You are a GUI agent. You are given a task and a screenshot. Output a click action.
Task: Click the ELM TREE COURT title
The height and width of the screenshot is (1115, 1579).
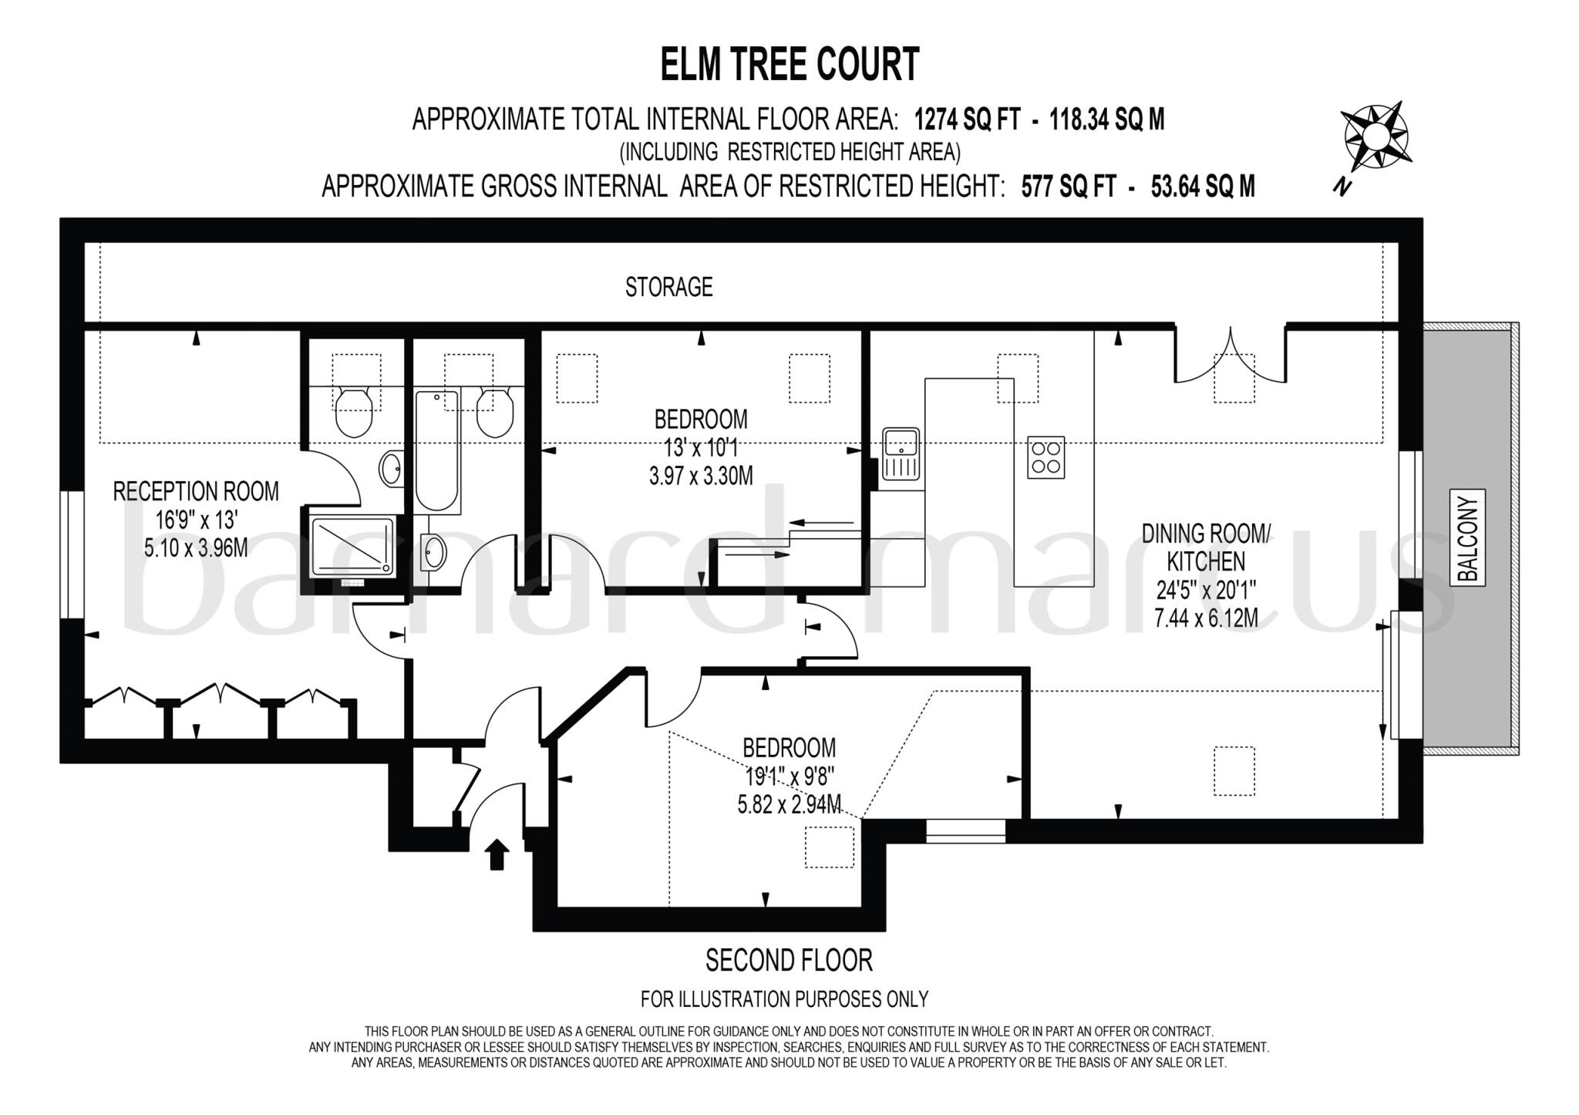789,64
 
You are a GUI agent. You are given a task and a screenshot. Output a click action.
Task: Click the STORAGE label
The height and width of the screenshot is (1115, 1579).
668,287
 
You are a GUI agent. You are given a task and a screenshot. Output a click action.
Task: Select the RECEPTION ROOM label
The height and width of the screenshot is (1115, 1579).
196,491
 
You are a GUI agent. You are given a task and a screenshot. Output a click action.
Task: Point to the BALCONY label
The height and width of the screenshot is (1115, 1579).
1468,538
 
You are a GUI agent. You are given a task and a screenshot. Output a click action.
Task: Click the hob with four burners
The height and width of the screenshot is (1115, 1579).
1045,457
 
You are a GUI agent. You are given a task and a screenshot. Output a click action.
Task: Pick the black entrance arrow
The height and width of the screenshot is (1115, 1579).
497,854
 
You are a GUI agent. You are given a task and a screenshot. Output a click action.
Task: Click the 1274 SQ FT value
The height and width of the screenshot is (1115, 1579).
967,120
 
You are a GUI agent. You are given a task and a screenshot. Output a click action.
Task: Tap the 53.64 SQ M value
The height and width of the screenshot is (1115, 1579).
1202,187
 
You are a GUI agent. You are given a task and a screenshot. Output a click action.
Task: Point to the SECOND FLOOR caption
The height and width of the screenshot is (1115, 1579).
789,961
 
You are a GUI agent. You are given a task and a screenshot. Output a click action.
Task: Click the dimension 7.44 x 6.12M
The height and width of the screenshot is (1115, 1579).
1206,618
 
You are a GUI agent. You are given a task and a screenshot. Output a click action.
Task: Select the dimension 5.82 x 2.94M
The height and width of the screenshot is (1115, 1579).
789,804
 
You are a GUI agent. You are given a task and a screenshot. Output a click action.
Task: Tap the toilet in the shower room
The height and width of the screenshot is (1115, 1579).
355,409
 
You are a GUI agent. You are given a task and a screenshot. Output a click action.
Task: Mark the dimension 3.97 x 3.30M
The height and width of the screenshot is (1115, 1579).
700,476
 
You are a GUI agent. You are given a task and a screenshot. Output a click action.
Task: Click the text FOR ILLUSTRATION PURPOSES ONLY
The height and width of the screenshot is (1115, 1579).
784,999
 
